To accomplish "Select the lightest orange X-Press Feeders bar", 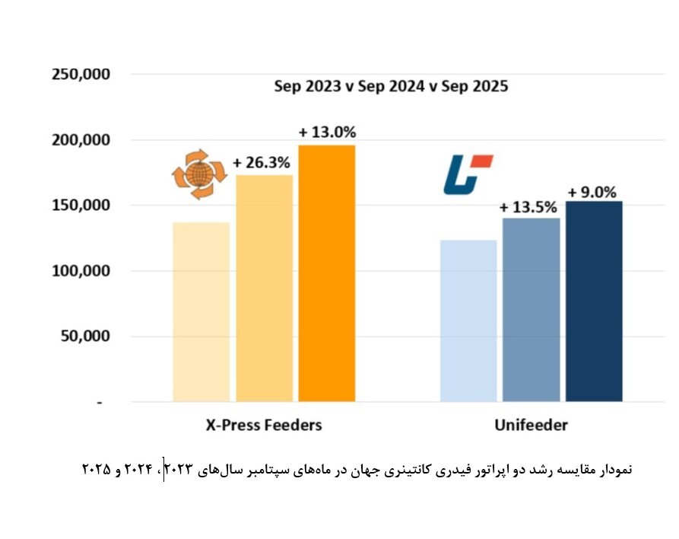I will tap(201, 311).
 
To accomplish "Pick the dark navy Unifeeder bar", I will tap(594, 301).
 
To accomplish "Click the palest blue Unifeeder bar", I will tap(468, 321).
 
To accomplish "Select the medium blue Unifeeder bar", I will tap(531, 309).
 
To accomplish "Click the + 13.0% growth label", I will tap(327, 132).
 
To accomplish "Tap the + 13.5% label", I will tap(528, 207).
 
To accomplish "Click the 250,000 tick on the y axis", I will tap(81, 75).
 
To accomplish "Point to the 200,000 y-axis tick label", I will tap(81, 140).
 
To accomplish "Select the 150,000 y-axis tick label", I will tap(81, 206).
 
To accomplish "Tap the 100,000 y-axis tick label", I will tap(81, 271).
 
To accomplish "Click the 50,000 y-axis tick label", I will tap(84, 336).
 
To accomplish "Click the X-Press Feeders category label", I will tap(264, 426).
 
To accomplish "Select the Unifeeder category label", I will tap(531, 426).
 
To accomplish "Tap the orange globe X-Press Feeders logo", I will tap(199, 174).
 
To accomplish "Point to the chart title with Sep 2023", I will tap(391, 86).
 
